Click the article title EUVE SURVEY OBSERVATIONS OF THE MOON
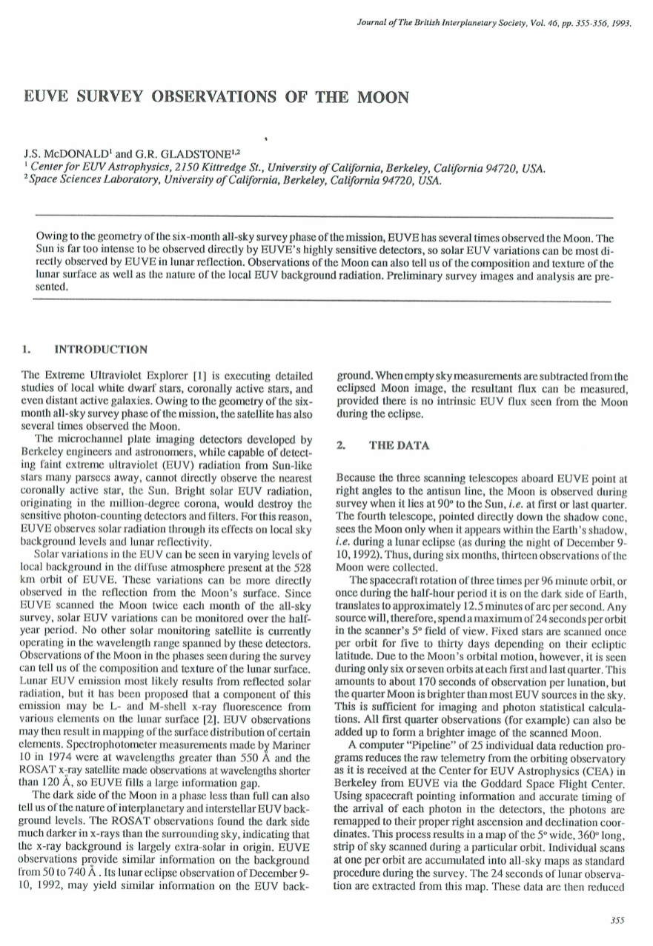click(x=216, y=97)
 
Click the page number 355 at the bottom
click(x=617, y=920)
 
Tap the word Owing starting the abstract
click(x=51, y=237)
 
